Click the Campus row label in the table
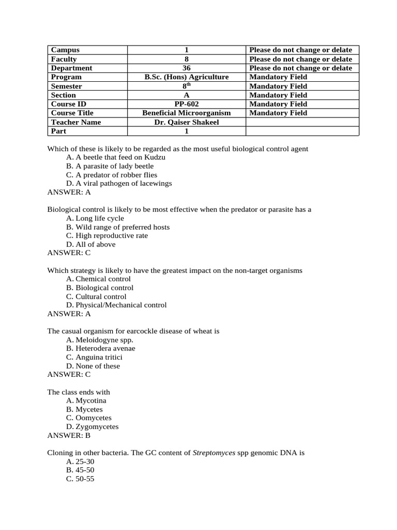click(x=65, y=50)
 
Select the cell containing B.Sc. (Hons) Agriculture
click(x=186, y=77)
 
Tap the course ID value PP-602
click(x=186, y=104)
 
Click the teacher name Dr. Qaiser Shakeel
click(x=186, y=122)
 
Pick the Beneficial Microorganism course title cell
click(x=186, y=113)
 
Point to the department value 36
click(x=186, y=68)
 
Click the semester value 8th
click(x=186, y=86)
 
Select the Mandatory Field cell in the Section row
click(x=278, y=95)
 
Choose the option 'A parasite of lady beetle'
click(x=110, y=166)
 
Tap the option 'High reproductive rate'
click(x=106, y=235)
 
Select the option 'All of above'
click(x=90, y=244)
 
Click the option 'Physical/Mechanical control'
click(x=116, y=305)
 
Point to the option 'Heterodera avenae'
click(x=100, y=348)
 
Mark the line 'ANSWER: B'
click(x=69, y=435)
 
